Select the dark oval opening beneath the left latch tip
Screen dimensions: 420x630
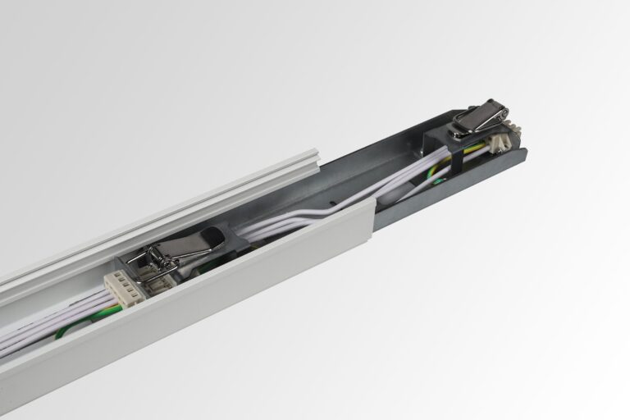pos(216,239)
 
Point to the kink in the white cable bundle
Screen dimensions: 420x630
pos(328,217)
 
